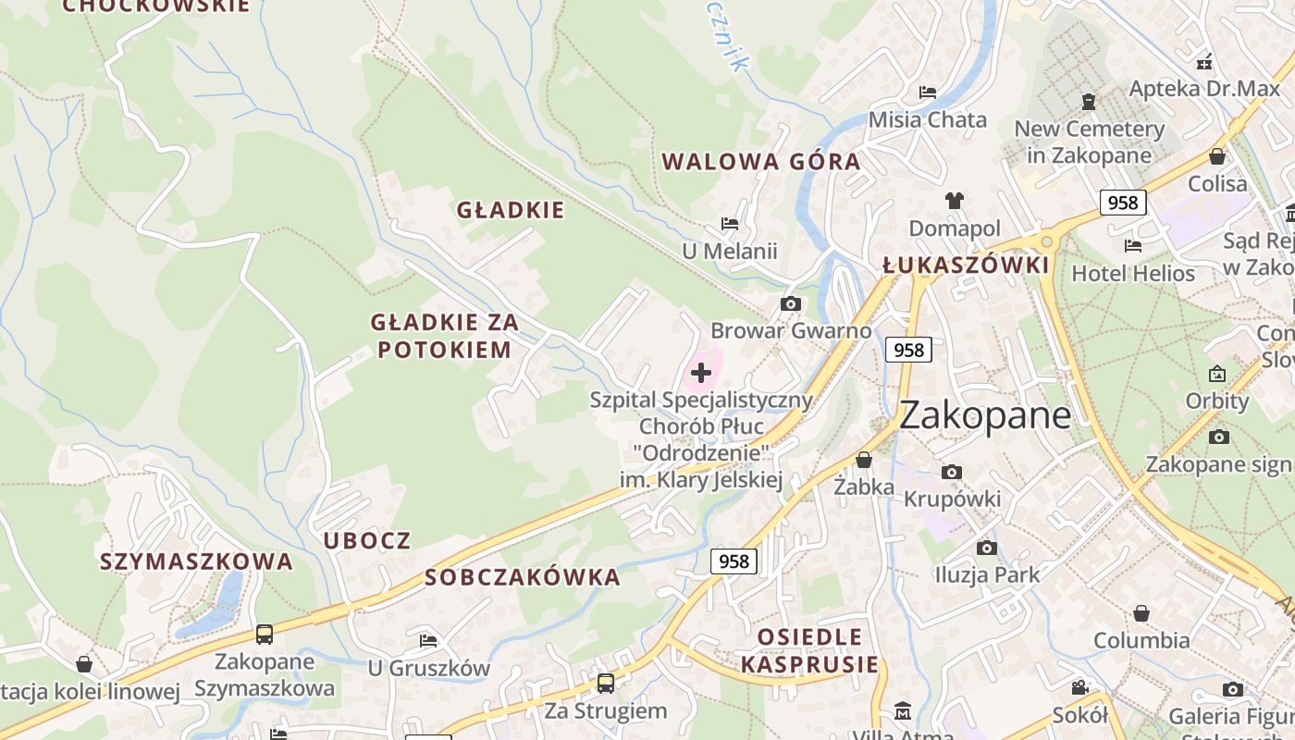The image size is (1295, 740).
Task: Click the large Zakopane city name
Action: click(x=985, y=415)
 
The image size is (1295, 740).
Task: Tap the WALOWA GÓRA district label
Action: click(x=761, y=162)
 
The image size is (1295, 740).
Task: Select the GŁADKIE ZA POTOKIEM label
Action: click(x=444, y=336)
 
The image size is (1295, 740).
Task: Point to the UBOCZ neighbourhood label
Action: click(x=367, y=541)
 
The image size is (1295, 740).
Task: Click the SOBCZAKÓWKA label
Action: click(x=523, y=578)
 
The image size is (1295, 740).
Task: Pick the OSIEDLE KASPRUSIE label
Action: click(x=810, y=650)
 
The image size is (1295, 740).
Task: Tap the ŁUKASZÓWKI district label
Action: click(x=966, y=266)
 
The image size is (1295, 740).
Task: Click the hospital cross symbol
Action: click(x=701, y=373)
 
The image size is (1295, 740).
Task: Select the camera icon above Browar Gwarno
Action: click(x=790, y=303)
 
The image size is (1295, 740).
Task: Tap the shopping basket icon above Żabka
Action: click(x=864, y=460)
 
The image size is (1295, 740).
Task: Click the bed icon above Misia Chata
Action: click(x=928, y=92)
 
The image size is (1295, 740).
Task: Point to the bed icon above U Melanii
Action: click(x=730, y=224)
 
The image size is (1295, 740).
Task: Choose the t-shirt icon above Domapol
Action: click(x=955, y=200)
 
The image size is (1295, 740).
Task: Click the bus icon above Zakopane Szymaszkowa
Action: click(x=265, y=635)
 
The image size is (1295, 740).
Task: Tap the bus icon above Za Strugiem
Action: click(x=606, y=684)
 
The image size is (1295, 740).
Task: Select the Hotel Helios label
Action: click(x=1133, y=274)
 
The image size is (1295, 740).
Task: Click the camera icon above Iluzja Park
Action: click(x=987, y=548)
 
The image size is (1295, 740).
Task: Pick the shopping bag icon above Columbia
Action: click(x=1141, y=613)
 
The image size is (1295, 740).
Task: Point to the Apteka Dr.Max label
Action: click(x=1204, y=89)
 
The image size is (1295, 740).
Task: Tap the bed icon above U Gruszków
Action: click(x=428, y=640)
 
